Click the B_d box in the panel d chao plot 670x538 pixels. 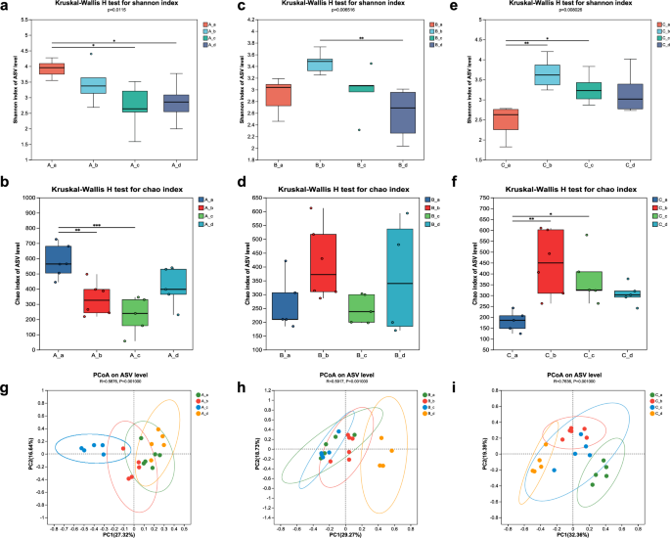click(399, 278)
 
